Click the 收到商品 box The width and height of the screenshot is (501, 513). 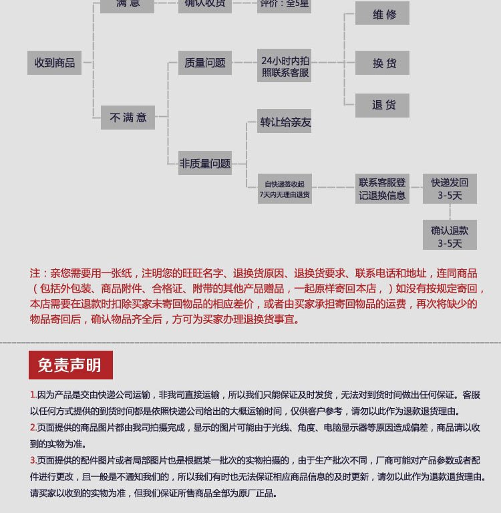pos(55,63)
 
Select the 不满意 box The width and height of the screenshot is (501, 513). pos(128,118)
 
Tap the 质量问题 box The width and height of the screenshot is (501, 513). pos(205,63)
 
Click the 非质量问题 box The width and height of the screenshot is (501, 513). pos(204,163)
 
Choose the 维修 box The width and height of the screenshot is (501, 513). pos(382,14)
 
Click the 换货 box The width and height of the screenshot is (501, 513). pos(382,63)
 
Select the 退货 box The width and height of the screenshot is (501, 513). pos(382,105)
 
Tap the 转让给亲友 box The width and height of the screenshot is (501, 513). pos(285,122)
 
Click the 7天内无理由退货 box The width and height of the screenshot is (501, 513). pos(285,189)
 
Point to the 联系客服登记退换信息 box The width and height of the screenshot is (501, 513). pos(382,188)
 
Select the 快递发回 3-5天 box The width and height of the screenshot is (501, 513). pos(450,188)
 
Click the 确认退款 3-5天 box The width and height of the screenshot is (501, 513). pos(450,236)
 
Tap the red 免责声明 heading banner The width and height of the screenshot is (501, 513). pos(70,365)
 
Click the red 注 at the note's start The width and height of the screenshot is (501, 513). pos(35,274)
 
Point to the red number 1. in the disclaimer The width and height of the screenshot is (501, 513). pos(33,395)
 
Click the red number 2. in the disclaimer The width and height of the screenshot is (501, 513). pos(33,427)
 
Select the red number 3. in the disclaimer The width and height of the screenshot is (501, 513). pos(33,460)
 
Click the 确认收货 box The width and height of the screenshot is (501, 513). pos(205,5)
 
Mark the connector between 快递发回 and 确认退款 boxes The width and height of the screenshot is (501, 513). pos(450,212)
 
